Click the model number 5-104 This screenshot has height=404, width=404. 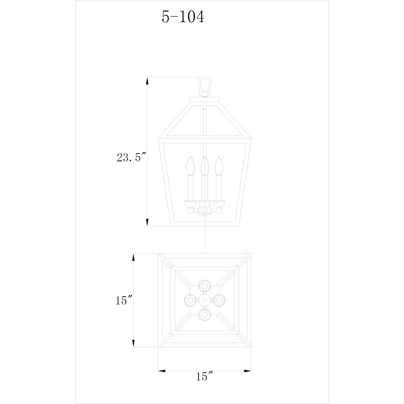(183, 17)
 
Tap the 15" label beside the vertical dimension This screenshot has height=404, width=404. (124, 300)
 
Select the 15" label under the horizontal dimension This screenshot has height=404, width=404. (205, 383)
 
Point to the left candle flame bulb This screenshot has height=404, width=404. (191, 166)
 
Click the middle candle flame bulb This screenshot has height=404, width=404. (205, 166)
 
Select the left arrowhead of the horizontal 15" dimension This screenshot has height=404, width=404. (161, 371)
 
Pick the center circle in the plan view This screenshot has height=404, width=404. (205, 300)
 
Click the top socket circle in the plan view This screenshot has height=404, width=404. (205, 286)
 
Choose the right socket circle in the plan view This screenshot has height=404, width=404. (219, 300)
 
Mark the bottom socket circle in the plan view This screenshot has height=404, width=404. (205, 314)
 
